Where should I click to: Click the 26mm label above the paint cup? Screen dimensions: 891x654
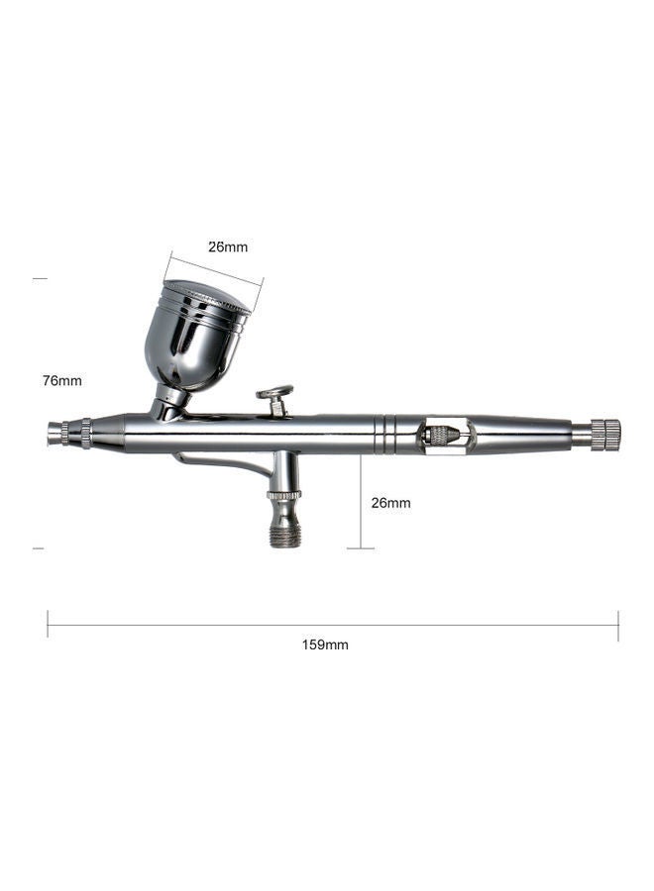[x=228, y=247]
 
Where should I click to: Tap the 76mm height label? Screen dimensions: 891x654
[x=61, y=380]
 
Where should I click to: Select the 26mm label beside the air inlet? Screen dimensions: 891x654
[x=390, y=503]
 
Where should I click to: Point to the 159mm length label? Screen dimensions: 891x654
[x=325, y=644]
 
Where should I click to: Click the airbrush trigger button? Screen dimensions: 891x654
[x=275, y=394]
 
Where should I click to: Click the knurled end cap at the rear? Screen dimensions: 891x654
[x=605, y=435]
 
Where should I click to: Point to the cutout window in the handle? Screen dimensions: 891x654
[x=441, y=434]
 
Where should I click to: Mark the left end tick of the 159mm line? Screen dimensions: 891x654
[x=48, y=625]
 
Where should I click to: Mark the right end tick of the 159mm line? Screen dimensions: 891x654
[x=618, y=625]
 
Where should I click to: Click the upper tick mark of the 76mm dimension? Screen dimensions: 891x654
[x=40, y=279]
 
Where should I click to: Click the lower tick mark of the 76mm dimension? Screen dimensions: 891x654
[x=40, y=547]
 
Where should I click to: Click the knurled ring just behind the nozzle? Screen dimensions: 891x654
[x=86, y=432]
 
